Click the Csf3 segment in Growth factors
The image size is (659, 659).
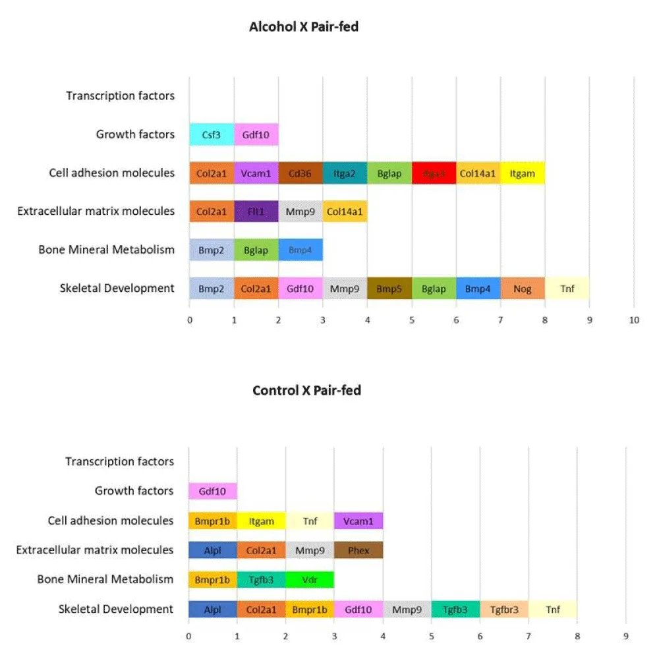[x=212, y=134]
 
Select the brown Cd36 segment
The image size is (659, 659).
[x=301, y=173]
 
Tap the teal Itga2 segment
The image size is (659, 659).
[x=345, y=173]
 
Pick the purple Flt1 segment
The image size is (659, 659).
[x=256, y=212]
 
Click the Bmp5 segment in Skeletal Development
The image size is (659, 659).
[x=389, y=289]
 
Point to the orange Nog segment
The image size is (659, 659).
[x=523, y=289]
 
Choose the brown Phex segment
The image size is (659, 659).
[x=358, y=550]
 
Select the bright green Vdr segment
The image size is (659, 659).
[x=310, y=580]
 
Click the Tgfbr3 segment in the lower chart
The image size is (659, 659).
[x=504, y=610]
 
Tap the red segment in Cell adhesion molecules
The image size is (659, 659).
[x=434, y=173]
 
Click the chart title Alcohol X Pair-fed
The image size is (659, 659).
[x=304, y=27]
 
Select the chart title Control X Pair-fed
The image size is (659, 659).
[x=306, y=390]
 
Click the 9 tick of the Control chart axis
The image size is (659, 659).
[x=626, y=637]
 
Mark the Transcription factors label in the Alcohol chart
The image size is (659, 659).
[x=120, y=96]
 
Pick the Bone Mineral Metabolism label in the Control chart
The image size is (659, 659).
[x=105, y=580]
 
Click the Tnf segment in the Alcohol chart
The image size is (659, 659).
[x=567, y=289]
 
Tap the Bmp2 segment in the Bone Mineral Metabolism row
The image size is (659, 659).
[x=212, y=250]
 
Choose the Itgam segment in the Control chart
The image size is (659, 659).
[x=262, y=521]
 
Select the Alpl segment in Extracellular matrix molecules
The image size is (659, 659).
[x=213, y=550]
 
